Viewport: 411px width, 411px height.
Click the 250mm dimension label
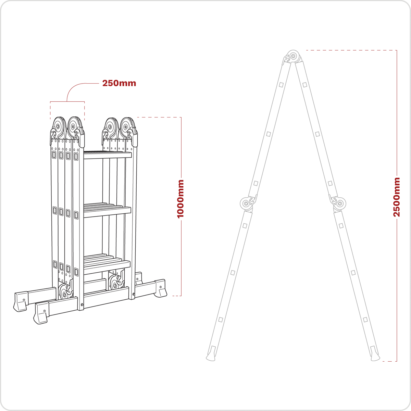coord(119,83)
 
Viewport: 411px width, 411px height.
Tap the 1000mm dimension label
coord(180,199)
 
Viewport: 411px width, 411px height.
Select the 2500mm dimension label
coord(397,197)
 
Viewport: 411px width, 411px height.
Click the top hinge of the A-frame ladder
coord(293,57)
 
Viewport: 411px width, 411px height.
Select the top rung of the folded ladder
coord(107,155)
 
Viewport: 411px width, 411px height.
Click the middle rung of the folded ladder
coord(107,211)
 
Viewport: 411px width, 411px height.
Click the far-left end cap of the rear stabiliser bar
coord(20,301)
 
